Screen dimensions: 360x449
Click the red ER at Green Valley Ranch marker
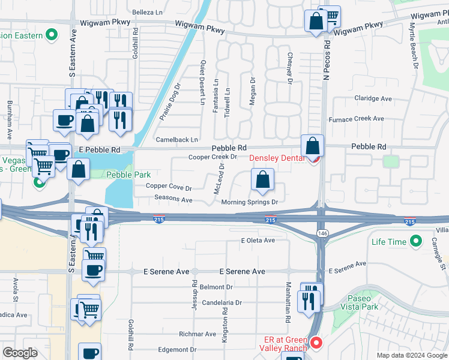tap(316, 343)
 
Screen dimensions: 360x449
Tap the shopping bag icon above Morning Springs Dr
tap(262, 179)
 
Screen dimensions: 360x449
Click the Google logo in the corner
tap(20, 353)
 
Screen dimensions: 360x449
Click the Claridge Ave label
tap(372, 98)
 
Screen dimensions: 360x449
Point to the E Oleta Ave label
tap(258, 240)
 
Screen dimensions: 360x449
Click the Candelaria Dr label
tap(221, 303)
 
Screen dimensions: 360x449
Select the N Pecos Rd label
tap(327, 60)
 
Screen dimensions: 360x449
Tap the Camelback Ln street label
tap(176, 140)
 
